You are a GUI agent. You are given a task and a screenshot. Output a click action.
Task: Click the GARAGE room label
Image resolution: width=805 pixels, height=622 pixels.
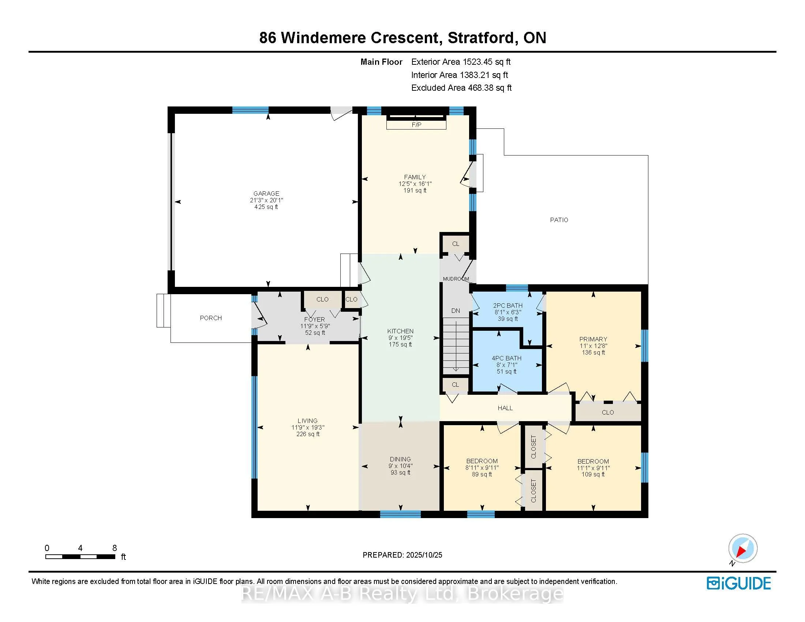coord(266,194)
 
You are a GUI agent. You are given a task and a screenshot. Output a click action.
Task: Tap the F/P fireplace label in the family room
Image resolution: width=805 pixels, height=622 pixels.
coord(416,125)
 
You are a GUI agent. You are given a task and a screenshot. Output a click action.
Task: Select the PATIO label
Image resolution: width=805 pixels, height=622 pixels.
coord(559,220)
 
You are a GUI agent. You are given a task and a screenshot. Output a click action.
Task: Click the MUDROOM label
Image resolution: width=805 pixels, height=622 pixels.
coord(456,279)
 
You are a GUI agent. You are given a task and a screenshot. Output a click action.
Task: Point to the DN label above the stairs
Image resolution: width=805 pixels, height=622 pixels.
coord(456,311)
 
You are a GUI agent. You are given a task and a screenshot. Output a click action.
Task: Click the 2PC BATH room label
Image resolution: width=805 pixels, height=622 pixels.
coord(508,306)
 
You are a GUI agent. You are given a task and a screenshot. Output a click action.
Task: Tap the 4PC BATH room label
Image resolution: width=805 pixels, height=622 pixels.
coord(506,358)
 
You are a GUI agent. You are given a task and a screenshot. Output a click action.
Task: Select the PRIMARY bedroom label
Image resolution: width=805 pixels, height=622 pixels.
coord(593,339)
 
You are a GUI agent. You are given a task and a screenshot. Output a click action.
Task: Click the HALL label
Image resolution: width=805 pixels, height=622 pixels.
coord(505,408)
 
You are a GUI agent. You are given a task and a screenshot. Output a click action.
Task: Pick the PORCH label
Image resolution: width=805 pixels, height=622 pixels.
coord(211,318)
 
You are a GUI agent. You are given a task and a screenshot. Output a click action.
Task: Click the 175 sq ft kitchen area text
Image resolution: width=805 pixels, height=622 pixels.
coord(400,345)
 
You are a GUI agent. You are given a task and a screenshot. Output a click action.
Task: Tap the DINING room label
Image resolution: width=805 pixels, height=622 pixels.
coord(400,459)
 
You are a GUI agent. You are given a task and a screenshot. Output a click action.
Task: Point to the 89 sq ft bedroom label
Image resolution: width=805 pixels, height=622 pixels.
coord(482,475)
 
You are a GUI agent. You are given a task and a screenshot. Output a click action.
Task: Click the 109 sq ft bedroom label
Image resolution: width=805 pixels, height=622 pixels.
coord(593,475)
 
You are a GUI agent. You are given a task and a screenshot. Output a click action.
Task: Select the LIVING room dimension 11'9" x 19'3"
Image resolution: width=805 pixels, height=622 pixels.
coord(308,427)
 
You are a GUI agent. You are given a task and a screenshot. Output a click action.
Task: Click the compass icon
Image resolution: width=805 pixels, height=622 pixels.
coord(742,548)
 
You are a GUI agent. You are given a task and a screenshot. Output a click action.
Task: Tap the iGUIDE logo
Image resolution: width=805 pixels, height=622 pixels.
coord(739,583)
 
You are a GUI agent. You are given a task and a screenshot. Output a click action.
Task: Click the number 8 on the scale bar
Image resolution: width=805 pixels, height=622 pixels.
coord(115,548)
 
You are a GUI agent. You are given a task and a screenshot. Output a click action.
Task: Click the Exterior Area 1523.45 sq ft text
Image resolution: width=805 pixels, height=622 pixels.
coord(461,62)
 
